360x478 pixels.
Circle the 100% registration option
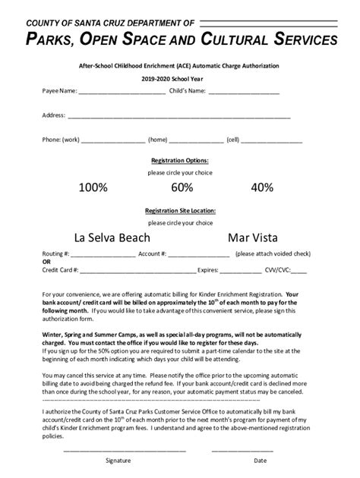[93, 187]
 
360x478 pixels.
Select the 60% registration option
[182, 187]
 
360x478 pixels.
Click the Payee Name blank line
[122, 93]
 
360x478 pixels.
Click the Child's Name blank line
[244, 93]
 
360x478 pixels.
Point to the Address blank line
[178, 117]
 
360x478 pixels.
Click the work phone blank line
[112, 141]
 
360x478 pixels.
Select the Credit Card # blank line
[137, 270]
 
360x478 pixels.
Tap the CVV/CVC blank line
[298, 270]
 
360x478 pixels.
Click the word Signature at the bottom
[118, 461]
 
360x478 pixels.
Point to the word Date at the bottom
[261, 461]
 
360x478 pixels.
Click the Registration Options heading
[180, 161]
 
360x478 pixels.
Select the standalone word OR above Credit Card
[46, 263]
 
